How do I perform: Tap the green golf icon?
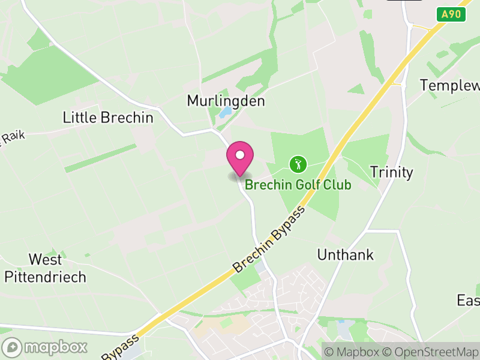click(x=298, y=163)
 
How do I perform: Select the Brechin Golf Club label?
click(x=298, y=185)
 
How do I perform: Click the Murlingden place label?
click(x=226, y=101)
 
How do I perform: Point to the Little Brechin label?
click(x=108, y=118)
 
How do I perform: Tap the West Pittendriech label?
click(x=45, y=268)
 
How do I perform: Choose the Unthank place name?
click(x=345, y=255)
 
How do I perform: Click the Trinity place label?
click(x=391, y=173)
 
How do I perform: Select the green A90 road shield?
click(x=451, y=14)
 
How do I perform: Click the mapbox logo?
click(x=45, y=347)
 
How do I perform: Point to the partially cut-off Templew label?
click(x=450, y=85)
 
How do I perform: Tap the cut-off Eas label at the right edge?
click(x=468, y=300)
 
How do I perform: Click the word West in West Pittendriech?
click(x=45, y=260)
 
